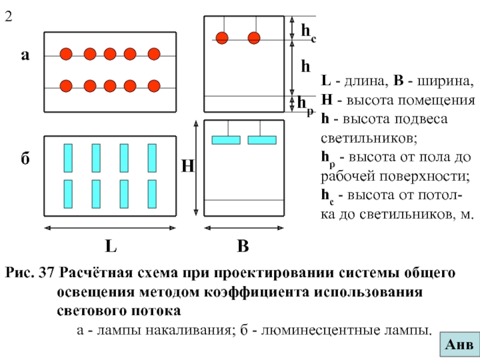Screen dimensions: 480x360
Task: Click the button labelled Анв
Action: [x=460, y=344]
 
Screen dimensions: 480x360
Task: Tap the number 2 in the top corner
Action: [x=8, y=16]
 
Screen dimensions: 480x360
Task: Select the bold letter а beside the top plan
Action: [x=25, y=55]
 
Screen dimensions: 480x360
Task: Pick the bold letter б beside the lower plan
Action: [x=25, y=158]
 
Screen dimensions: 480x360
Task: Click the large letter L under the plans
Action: [x=111, y=246]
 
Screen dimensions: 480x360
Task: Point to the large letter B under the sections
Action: [x=243, y=246]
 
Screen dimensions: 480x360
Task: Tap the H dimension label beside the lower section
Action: [x=188, y=166]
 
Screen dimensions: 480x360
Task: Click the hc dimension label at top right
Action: [x=308, y=32]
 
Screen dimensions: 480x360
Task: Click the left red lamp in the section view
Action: [x=222, y=38]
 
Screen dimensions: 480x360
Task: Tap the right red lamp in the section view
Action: [x=254, y=38]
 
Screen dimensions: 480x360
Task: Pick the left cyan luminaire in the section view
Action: [x=226, y=140]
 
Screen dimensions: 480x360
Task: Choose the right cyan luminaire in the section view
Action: [x=262, y=140]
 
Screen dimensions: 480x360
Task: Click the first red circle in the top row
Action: [x=66, y=54]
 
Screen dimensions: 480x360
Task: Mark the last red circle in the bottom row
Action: [x=154, y=86]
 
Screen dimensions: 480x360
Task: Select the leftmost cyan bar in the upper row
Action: [x=68, y=158]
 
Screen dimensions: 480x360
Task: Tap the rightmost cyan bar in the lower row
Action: [x=152, y=194]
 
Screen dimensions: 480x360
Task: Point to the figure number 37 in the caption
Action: [x=46, y=272]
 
